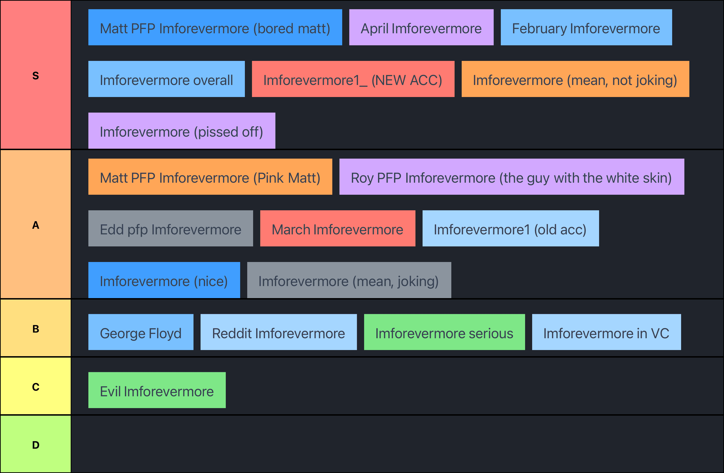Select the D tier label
(36, 445)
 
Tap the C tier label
(36, 387)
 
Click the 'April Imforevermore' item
(421, 27)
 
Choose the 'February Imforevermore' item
(586, 27)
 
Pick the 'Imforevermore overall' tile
(166, 79)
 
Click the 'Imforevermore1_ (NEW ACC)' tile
(353, 79)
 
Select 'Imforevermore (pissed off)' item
(182, 131)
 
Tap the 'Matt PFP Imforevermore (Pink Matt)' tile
(210, 177)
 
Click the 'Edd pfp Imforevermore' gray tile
(170, 229)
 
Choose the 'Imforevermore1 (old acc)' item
(510, 229)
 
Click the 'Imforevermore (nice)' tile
(164, 280)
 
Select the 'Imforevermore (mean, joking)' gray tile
(349, 280)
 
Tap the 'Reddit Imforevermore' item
(278, 332)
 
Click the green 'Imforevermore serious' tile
(444, 332)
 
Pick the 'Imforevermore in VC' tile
(606, 332)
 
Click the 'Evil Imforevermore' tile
(157, 390)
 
